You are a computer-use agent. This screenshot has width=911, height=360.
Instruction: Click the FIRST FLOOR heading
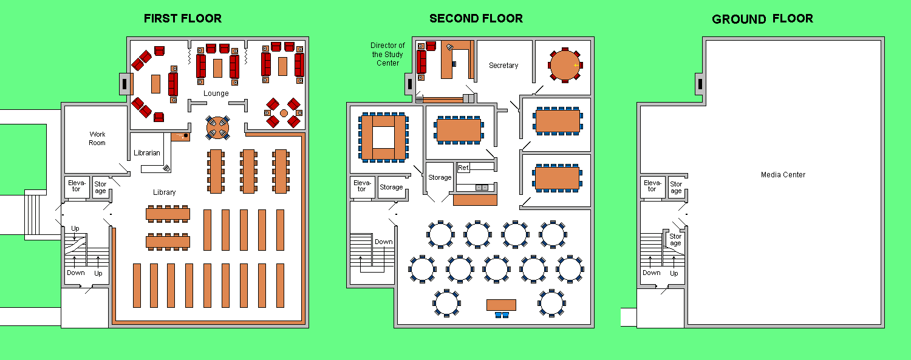pos(183,18)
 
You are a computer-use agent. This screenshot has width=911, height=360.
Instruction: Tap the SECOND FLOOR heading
pos(476,18)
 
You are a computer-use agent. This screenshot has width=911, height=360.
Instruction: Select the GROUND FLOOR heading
pos(762,19)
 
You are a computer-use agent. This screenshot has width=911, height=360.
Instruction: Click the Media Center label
pos(783,175)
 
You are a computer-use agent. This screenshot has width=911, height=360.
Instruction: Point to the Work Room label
pos(97,138)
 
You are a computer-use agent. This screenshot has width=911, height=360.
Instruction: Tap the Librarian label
pos(147,153)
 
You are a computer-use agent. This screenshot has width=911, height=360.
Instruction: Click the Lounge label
pos(216,93)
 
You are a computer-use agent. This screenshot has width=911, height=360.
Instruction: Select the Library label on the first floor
pos(165,192)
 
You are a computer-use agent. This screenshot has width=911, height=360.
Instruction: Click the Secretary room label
pos(503,66)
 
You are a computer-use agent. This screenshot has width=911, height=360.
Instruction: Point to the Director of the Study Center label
pos(387,54)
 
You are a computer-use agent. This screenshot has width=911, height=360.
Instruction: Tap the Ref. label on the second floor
pos(463,168)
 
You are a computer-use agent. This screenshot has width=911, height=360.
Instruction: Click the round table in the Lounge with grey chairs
pos(217,127)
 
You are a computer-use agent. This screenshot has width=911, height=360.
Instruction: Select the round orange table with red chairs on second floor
pos(565,65)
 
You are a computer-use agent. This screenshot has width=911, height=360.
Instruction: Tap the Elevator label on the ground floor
pos(652,186)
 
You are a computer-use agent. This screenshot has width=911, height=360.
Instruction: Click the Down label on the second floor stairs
pos(383,242)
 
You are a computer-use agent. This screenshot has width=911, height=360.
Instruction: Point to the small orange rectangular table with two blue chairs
pos(502,308)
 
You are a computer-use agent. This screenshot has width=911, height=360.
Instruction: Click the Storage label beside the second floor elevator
pos(391,187)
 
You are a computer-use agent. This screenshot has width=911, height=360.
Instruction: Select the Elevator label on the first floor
pos(77,186)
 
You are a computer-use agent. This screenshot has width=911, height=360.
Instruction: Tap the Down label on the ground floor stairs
pos(652,273)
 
